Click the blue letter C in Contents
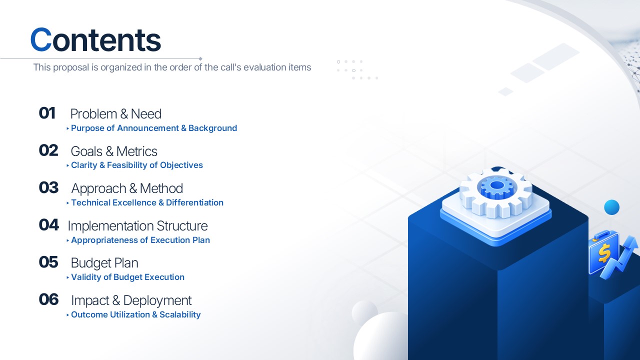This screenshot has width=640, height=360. pos(41,39)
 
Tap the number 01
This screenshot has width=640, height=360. pos(47,113)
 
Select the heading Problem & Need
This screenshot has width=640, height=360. pos(115,113)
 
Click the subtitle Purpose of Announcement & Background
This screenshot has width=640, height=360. pos(154,128)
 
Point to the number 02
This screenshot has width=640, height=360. pos(48,150)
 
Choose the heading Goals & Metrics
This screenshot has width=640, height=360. pos(114,151)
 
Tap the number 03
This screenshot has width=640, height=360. pos(48,187)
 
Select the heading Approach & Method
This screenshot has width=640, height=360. pos(127,188)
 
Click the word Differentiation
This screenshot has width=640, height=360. pos(194,202)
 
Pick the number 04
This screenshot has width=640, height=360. pos(49,225)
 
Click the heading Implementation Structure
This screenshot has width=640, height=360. pos(137,225)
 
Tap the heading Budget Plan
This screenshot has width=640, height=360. pos(104,263)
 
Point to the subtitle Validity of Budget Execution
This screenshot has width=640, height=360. pos(127,277)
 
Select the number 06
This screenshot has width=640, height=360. pos(48,299)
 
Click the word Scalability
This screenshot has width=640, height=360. pos(180,314)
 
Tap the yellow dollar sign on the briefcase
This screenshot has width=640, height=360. pos(604,253)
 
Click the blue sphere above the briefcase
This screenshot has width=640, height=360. pos(611,207)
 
